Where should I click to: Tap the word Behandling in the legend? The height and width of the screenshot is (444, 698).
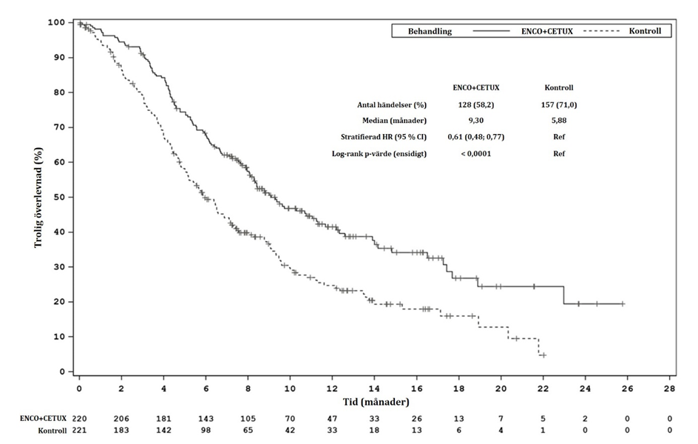(430, 31)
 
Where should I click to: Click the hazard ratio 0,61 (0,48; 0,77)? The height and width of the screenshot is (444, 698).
(476, 137)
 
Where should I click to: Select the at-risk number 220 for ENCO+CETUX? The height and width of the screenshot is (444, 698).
(79, 418)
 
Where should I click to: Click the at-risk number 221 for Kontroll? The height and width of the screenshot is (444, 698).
(79, 430)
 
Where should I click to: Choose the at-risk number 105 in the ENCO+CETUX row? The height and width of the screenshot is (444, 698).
(248, 418)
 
